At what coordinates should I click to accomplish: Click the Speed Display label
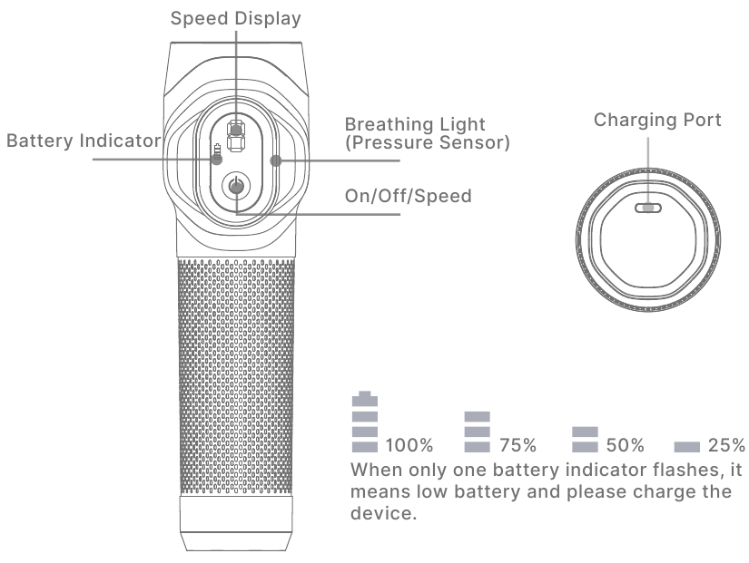pos(235,19)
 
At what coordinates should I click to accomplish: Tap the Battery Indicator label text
pos(84,141)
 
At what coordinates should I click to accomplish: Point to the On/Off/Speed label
pos(409,196)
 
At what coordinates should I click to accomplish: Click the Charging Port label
pos(657,120)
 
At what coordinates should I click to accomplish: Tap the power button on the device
pos(236,186)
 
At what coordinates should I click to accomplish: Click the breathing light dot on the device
pos(276,160)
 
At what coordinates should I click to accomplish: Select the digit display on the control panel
pos(235,136)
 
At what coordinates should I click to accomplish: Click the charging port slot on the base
pos(648,208)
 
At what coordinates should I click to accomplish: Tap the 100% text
pos(409,445)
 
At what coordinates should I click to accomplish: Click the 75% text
pos(517,445)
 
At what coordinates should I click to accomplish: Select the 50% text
pos(626,445)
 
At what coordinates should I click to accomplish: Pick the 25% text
pos(726,445)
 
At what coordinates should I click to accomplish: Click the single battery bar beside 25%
pos(687,447)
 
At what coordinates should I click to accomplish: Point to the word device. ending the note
pos(383,513)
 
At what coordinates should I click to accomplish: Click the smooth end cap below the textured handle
pos(236,523)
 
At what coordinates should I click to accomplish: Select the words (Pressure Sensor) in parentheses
pos(428,142)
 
